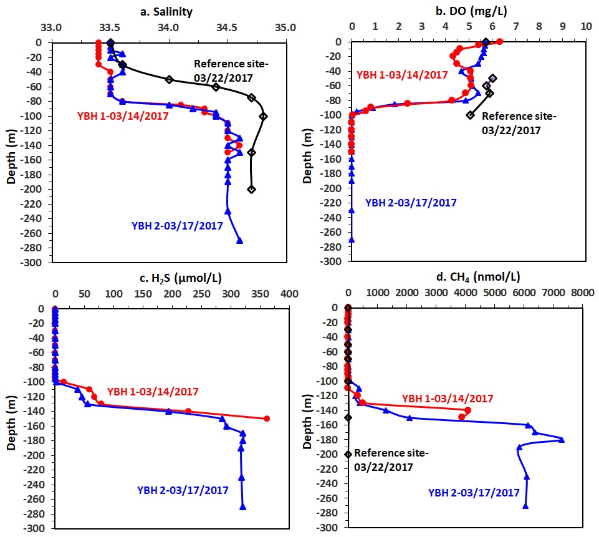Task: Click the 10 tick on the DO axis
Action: pyautogui.click(x=585, y=27)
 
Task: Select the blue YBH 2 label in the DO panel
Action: pyautogui.click(x=411, y=203)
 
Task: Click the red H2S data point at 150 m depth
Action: pyautogui.click(x=267, y=418)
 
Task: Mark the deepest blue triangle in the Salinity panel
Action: pyautogui.click(x=239, y=241)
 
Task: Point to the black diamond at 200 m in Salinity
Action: pyautogui.click(x=252, y=189)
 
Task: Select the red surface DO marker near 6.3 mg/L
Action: pyautogui.click(x=500, y=42)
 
